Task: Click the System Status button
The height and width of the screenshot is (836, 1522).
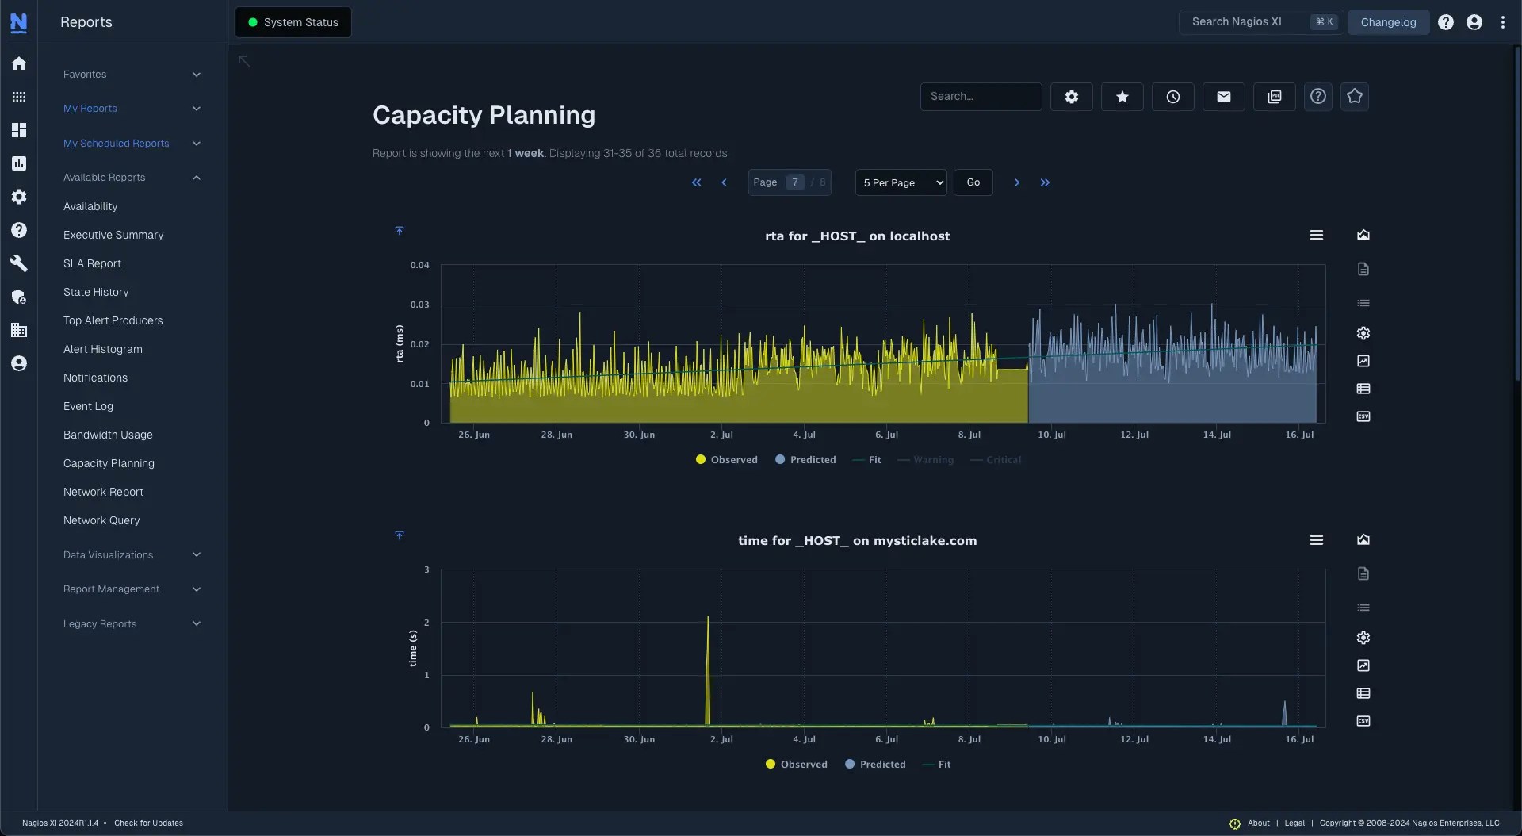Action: (293, 22)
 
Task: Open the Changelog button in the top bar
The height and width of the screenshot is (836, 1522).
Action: (1388, 22)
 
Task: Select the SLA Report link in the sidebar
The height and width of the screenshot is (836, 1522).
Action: (92, 263)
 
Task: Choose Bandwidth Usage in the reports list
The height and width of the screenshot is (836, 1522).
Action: (108, 435)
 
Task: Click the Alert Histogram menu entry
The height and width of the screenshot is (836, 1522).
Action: (103, 349)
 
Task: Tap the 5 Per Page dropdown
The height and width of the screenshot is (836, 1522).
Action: (901, 182)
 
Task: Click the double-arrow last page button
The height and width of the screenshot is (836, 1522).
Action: (1045, 182)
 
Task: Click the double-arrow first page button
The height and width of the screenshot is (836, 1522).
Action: (696, 182)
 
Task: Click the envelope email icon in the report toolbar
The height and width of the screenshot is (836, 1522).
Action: (1224, 97)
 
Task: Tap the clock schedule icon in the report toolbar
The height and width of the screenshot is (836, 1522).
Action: (1173, 97)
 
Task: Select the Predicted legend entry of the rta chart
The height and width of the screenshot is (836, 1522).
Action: (805, 460)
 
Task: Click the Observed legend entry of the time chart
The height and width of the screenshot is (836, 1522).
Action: (796, 765)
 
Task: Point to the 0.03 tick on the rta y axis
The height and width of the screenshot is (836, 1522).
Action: (419, 305)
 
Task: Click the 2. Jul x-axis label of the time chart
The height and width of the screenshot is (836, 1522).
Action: (721, 739)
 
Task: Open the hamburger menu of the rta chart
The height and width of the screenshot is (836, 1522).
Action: (1317, 236)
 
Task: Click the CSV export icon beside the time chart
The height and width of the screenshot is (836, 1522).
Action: (1363, 721)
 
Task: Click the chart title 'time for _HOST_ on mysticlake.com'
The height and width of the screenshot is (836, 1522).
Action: (857, 541)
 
